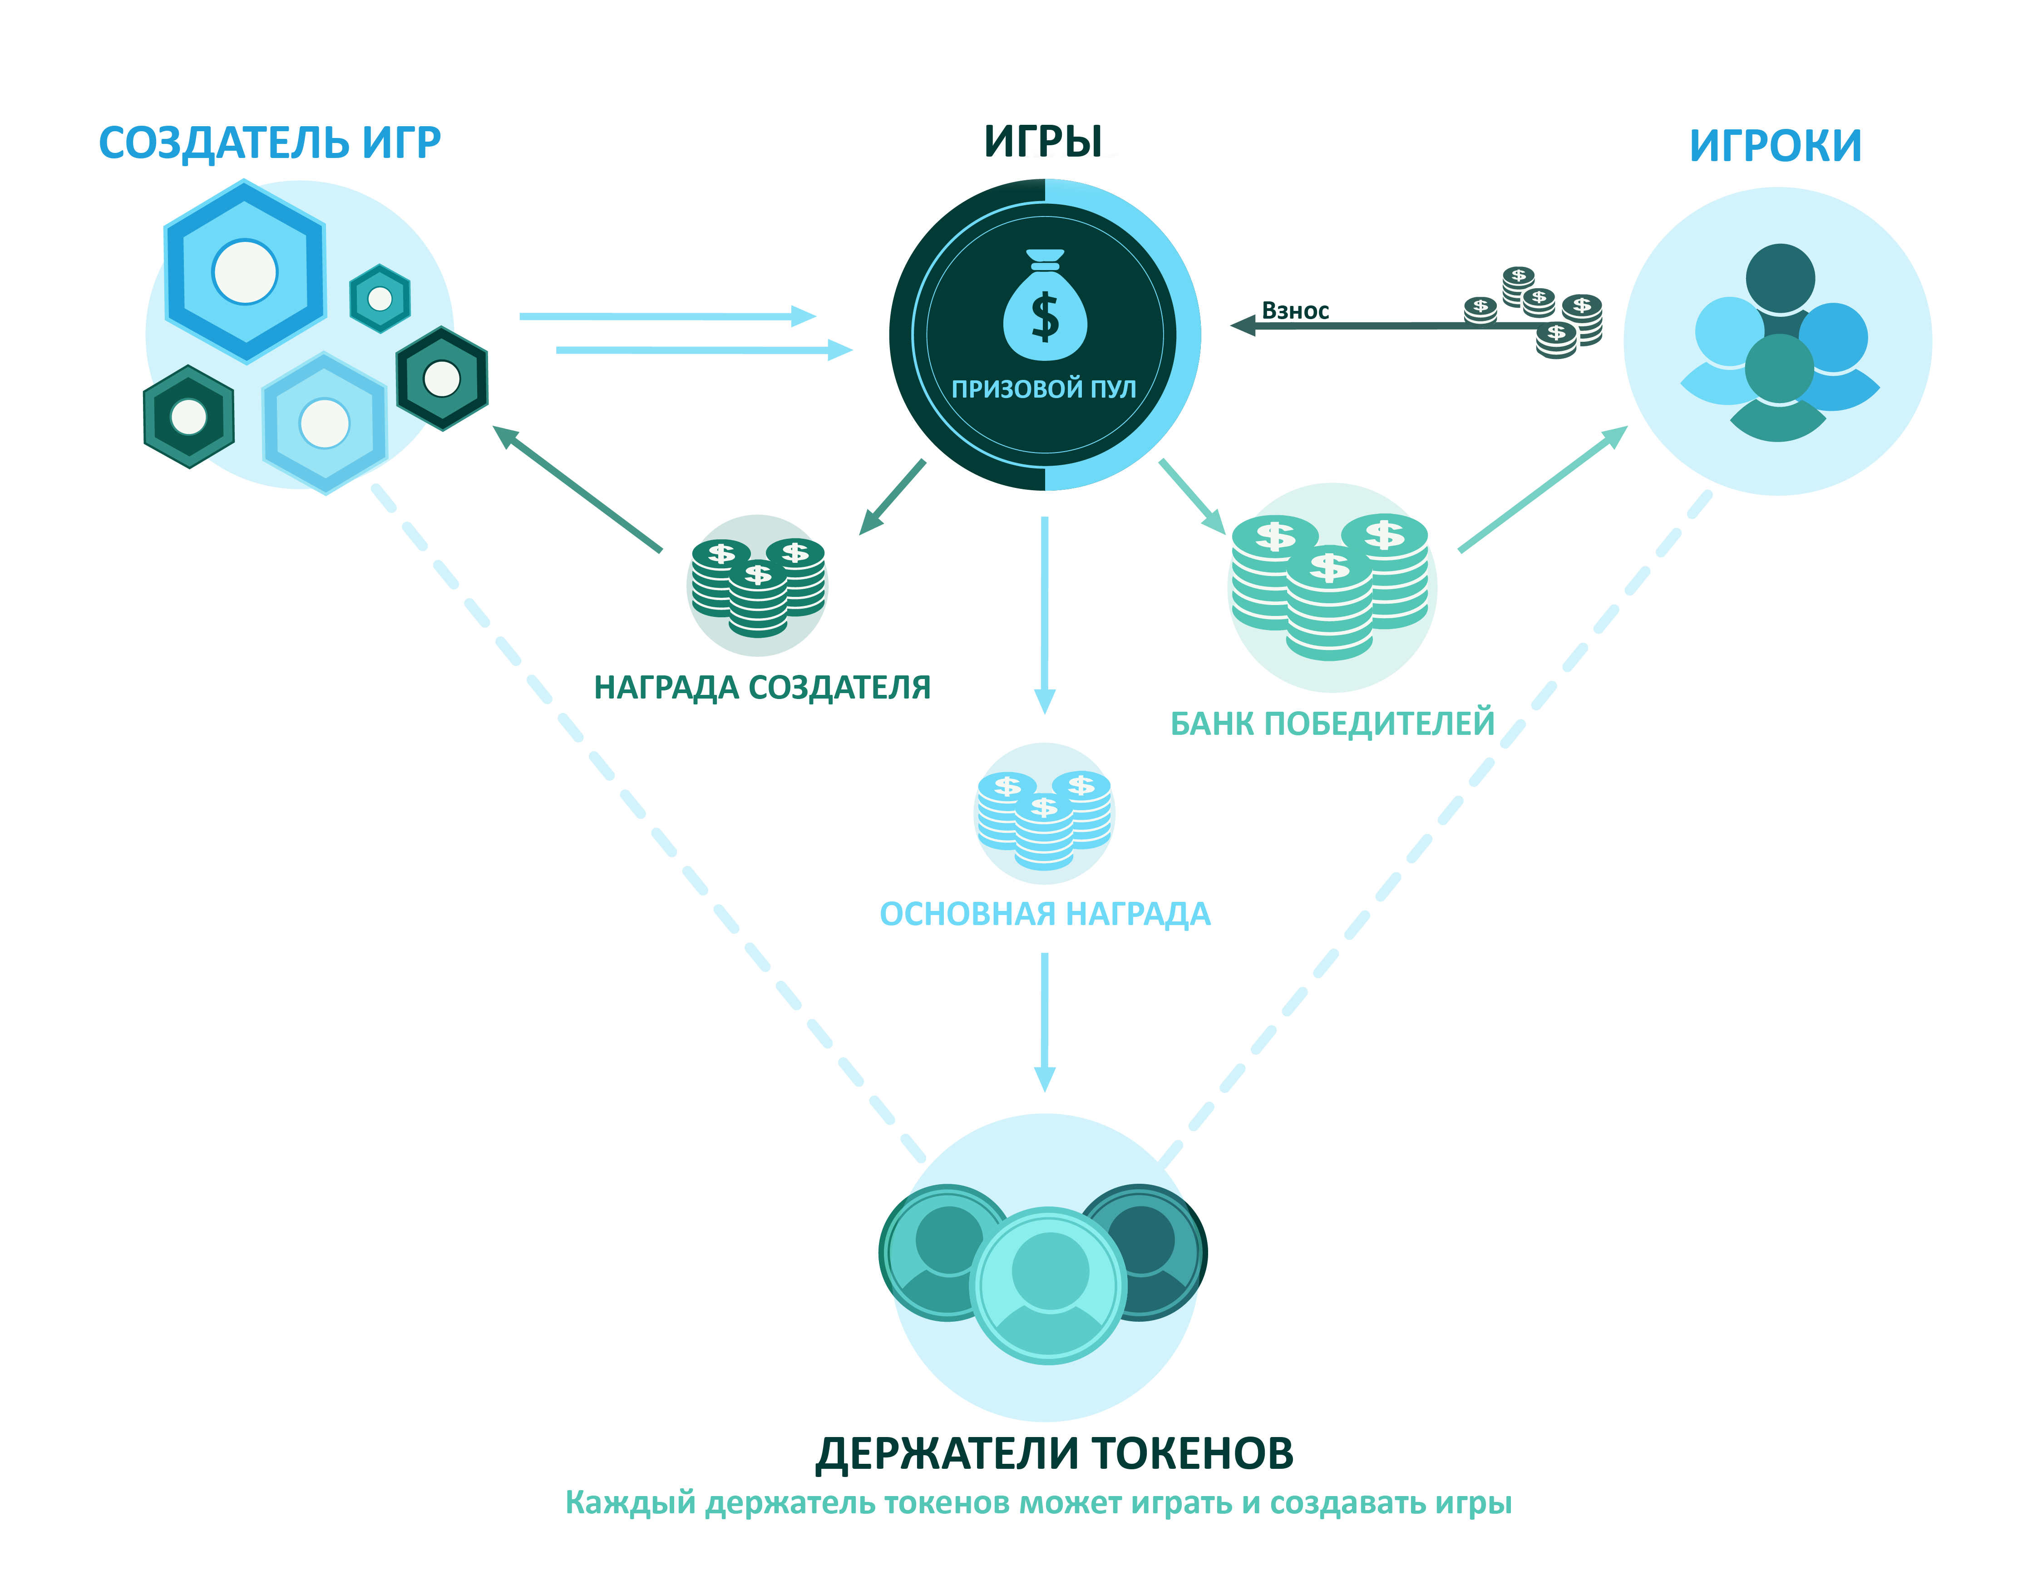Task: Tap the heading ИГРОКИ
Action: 1775,145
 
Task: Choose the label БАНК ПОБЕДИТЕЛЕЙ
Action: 1332,723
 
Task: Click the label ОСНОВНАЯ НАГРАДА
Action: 1044,914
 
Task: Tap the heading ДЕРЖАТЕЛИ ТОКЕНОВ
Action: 1054,1455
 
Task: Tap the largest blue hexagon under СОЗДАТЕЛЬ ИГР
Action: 244,271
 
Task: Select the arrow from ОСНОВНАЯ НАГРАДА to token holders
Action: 1044,1021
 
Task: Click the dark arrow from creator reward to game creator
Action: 577,488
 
